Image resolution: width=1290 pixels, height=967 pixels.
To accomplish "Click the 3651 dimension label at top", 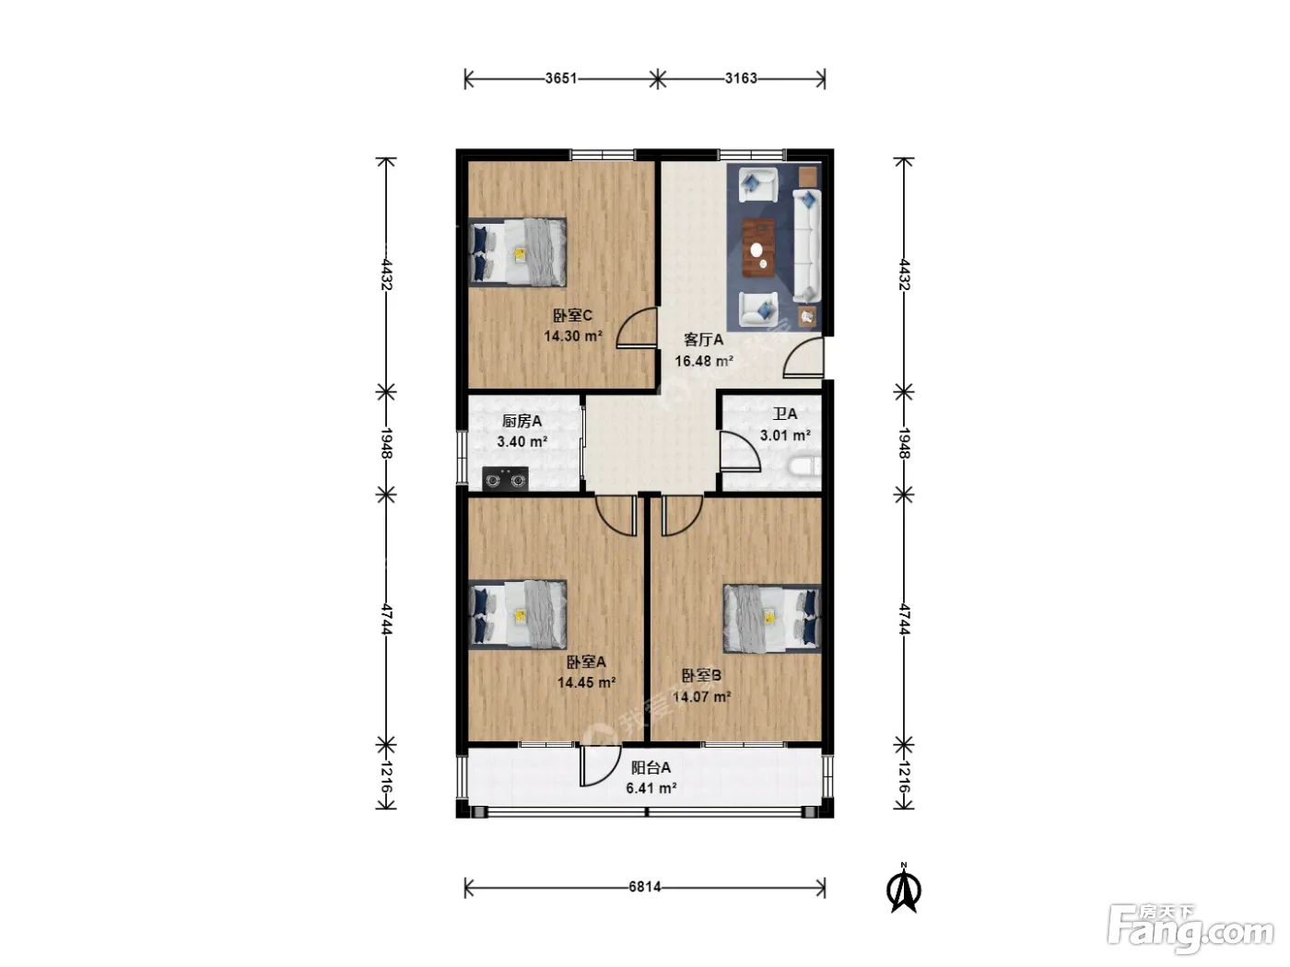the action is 560,78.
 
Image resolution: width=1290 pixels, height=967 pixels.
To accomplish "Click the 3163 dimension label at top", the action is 741,78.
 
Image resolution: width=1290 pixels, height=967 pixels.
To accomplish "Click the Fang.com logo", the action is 1190,927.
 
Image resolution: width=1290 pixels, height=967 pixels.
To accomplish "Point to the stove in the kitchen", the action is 505,479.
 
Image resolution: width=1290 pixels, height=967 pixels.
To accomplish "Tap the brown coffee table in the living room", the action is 758,247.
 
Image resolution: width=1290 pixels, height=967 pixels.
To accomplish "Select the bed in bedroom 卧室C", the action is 518,252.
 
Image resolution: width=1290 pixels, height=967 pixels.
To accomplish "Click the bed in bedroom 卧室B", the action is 771,618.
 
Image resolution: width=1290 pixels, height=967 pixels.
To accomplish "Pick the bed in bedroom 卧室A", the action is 518,614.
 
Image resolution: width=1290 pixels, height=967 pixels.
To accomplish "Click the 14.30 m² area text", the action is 573,336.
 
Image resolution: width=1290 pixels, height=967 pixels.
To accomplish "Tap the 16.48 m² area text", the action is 703,361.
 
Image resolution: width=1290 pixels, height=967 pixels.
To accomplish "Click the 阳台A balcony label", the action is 651,767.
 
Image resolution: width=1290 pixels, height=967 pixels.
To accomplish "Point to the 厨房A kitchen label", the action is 522,421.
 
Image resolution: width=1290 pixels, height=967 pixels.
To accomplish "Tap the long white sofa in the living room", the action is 807,245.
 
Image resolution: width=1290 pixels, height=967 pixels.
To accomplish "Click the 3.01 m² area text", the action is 785,436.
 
